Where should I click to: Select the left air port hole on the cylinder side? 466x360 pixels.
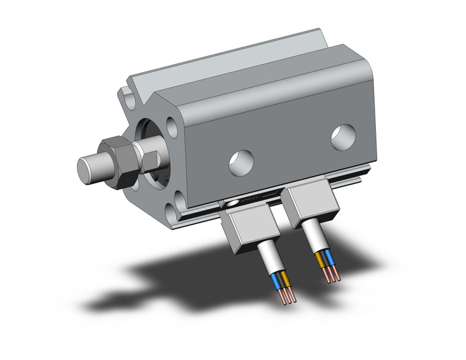point(242,161)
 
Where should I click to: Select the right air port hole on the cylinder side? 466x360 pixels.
point(343,137)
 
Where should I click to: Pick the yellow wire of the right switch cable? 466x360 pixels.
point(321,257)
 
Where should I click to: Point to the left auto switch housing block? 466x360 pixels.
point(243,227)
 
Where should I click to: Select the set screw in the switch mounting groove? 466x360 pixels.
point(233,203)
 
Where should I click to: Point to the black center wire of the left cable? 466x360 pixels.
point(280,283)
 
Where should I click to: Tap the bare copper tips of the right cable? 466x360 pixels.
point(334,275)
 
